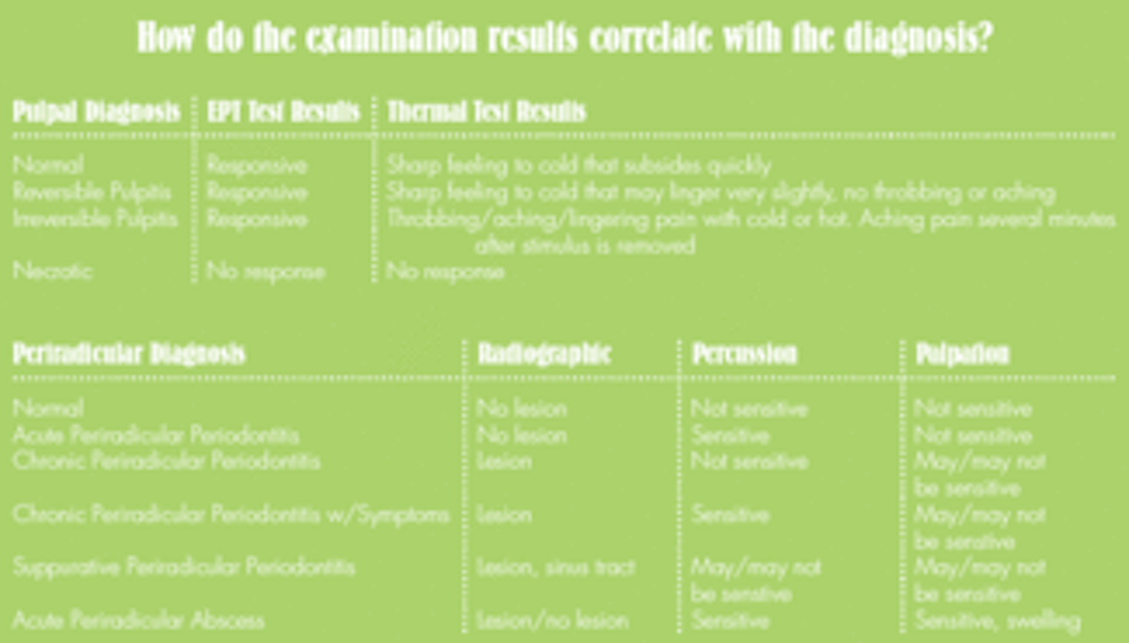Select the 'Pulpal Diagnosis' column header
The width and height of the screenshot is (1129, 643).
pyautogui.click(x=96, y=112)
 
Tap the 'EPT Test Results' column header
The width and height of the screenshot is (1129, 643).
pyautogui.click(x=283, y=112)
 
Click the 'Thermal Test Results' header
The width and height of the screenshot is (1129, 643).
pyautogui.click(x=486, y=112)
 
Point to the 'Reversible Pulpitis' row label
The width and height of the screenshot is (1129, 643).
pyautogui.click(x=92, y=192)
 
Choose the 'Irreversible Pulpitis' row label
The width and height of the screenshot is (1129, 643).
pyautogui.click(x=95, y=219)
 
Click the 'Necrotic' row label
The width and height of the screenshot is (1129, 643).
pyautogui.click(x=53, y=271)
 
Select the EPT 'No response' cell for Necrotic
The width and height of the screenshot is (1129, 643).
pyautogui.click(x=265, y=272)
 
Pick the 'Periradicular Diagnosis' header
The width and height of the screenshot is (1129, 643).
pyautogui.click(x=129, y=354)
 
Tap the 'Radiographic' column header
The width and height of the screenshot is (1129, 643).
pyautogui.click(x=544, y=354)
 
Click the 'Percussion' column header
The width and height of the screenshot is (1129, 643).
pyautogui.click(x=744, y=354)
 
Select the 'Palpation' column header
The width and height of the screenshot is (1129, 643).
pyautogui.click(x=962, y=354)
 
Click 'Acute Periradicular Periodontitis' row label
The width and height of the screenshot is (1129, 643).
pyautogui.click(x=155, y=435)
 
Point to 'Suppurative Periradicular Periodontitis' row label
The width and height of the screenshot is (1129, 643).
pyautogui.click(x=183, y=567)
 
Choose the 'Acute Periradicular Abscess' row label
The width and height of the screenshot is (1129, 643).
pyautogui.click(x=138, y=621)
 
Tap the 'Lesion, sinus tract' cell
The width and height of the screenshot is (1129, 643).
pyautogui.click(x=555, y=567)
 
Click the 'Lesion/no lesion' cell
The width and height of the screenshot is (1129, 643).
pyautogui.click(x=553, y=621)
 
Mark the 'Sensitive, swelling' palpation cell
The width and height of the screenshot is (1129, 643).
pyautogui.click(x=997, y=621)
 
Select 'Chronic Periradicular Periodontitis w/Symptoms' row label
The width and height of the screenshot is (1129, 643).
pyautogui.click(x=231, y=514)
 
